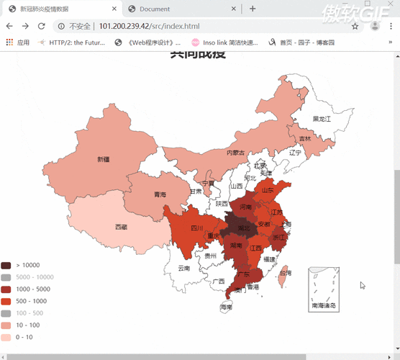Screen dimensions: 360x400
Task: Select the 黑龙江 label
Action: tap(322, 118)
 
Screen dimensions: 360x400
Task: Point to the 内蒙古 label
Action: tap(236, 153)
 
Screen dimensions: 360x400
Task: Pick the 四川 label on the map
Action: tap(196, 228)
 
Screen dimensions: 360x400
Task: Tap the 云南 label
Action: tap(184, 268)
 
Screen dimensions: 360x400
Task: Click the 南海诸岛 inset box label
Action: tap(324, 305)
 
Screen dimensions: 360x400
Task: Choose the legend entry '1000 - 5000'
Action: tap(32, 289)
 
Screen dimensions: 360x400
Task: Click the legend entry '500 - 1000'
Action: tap(31, 301)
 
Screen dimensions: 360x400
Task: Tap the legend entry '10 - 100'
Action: tap(27, 325)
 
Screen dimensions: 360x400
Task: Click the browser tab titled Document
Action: tap(155, 9)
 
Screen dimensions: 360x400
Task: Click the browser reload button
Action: tap(42, 26)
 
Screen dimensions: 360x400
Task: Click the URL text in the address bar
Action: tap(140, 26)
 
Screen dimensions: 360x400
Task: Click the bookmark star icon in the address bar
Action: tap(355, 26)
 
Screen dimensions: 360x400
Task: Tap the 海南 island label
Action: tap(227, 307)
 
